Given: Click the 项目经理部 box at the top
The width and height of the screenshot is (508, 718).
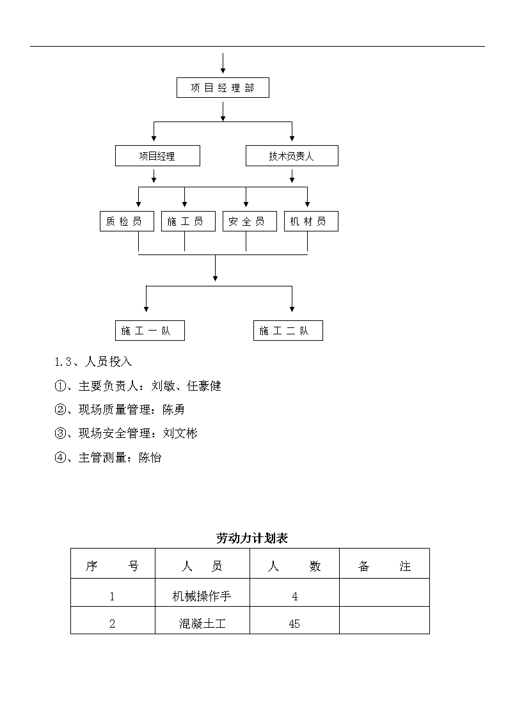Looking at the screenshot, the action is click(223, 88).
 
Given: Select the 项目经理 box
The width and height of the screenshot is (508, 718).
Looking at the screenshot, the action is click(157, 156).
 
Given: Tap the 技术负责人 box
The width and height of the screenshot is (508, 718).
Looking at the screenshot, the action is click(292, 156).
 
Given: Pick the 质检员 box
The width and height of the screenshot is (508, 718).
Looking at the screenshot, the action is click(127, 221).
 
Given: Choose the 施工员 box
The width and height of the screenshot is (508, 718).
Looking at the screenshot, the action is click(188, 221).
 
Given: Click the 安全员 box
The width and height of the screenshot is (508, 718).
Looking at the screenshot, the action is click(250, 221).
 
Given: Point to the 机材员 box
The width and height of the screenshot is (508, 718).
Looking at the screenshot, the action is click(311, 221).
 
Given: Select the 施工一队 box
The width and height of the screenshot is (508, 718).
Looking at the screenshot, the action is click(150, 330).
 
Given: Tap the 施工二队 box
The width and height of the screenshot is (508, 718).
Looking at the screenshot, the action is click(288, 330).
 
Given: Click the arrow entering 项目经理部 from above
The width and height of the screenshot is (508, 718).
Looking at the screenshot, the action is click(223, 63).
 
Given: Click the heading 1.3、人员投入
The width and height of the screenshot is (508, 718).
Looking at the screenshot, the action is click(93, 362).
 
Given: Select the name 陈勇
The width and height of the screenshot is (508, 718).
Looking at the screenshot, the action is click(173, 409).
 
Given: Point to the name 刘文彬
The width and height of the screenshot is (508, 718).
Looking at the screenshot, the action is click(180, 433).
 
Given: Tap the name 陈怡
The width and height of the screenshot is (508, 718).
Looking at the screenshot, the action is click(150, 457).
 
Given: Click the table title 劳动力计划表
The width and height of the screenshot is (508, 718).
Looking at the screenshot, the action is click(252, 538).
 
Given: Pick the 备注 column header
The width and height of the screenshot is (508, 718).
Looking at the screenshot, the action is click(385, 566).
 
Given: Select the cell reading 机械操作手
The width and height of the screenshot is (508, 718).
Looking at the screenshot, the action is click(202, 596).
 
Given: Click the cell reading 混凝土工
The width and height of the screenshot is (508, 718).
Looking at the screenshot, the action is click(202, 623).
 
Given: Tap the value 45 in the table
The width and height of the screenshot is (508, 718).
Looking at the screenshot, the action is click(294, 623).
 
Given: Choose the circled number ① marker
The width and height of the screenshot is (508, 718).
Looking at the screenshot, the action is click(60, 386).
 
